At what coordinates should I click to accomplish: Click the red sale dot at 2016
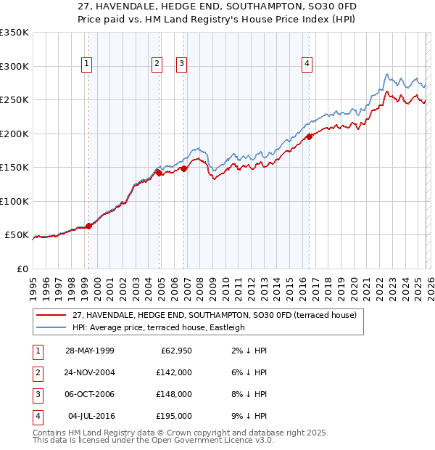coord(309,136)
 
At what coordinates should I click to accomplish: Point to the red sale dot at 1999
coord(88,226)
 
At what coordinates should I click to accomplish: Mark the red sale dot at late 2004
coord(159,173)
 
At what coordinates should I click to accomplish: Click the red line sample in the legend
coord(51,316)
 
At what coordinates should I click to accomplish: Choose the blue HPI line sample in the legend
coord(51,327)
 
